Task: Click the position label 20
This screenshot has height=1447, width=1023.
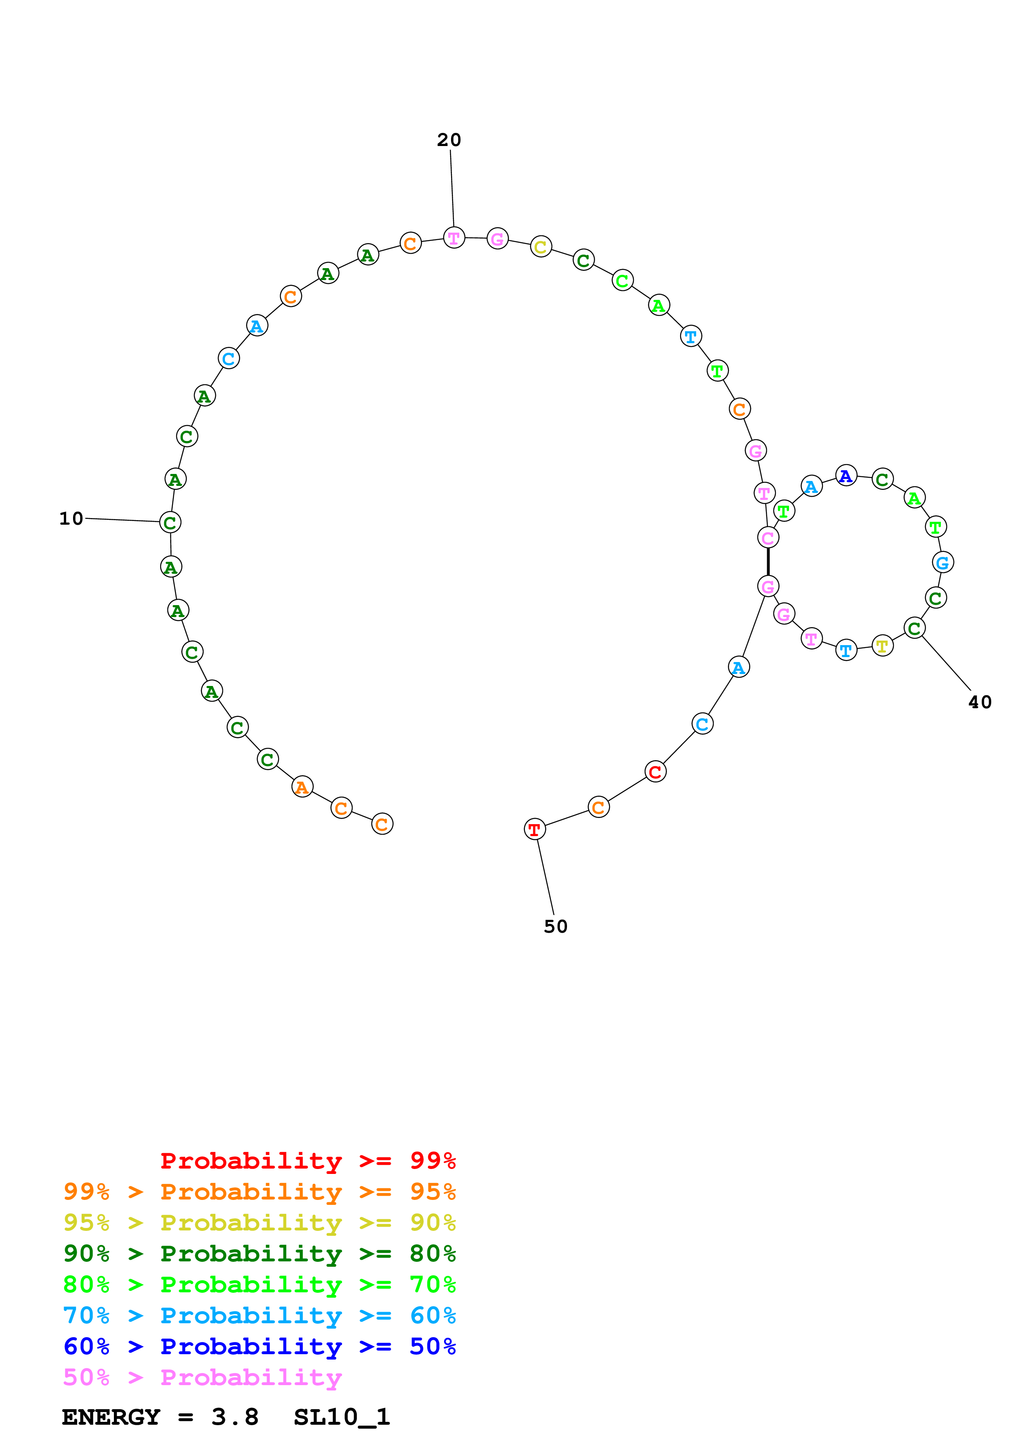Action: pos(449,140)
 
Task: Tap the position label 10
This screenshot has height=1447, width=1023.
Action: pos(71,518)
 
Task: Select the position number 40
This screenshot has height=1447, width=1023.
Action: pos(980,702)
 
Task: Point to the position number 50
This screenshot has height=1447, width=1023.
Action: pos(555,926)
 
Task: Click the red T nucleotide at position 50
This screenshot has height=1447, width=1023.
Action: pos(534,830)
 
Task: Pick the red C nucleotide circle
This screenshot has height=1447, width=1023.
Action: pos(656,771)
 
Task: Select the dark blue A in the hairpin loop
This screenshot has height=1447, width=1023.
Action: pos(846,476)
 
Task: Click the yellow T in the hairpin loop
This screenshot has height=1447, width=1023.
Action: pos(882,646)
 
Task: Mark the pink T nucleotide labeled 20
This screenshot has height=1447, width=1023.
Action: pos(454,238)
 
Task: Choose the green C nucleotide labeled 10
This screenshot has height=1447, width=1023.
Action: pos(170,523)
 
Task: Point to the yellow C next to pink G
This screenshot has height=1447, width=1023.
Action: pos(541,247)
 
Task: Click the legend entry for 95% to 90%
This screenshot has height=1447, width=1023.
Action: pos(259,1222)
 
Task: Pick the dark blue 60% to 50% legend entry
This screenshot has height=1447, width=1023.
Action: pos(259,1346)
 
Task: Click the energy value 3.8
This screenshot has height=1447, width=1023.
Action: pos(234,1417)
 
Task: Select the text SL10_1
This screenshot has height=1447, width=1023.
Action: pos(342,1417)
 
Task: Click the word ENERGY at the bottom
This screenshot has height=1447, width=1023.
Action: pos(111,1417)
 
